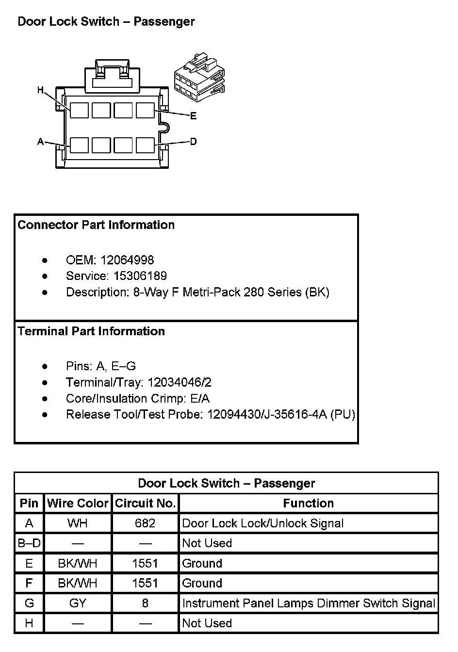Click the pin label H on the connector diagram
41,90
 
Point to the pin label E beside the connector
194,116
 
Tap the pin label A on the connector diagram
41,142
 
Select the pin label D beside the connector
194,142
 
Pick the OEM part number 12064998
127,260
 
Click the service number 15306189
140,276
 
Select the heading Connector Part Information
96,225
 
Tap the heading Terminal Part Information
91,331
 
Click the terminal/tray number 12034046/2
180,382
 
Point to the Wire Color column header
78,504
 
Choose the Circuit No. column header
145,504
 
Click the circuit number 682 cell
145,523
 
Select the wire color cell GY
78,603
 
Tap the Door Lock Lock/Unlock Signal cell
262,523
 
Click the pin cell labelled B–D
29,543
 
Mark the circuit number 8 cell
145,603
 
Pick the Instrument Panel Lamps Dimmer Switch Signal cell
309,603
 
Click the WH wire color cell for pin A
78,523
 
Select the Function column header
309,504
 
